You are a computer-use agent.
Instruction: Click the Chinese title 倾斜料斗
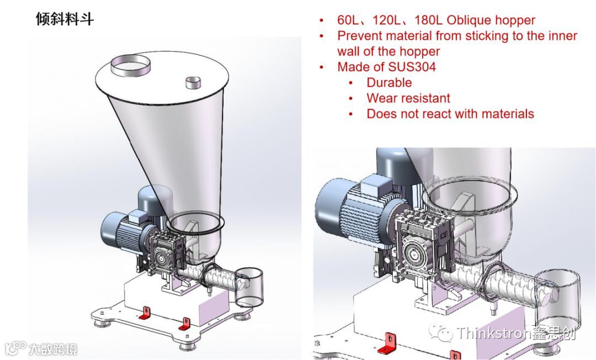point(65,19)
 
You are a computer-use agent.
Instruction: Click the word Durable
point(389,82)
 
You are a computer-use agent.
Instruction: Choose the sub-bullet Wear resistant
point(408,98)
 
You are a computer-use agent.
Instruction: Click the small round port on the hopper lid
point(193,82)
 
